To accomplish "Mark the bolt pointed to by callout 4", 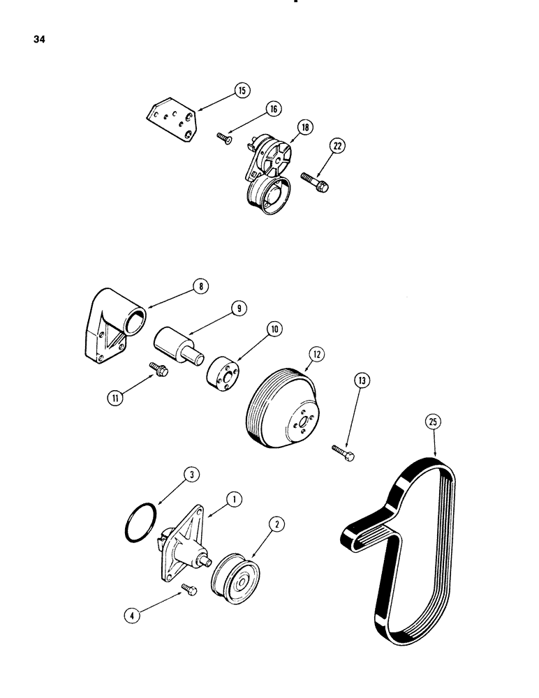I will [x=189, y=591].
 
